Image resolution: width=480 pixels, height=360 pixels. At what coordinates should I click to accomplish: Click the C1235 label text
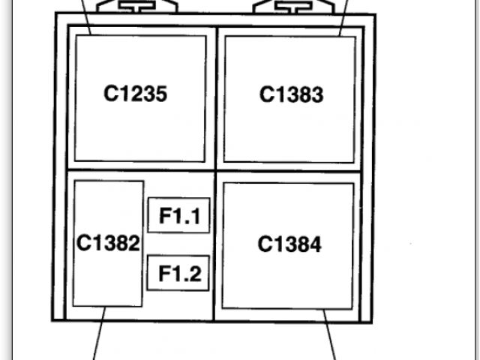point(135,94)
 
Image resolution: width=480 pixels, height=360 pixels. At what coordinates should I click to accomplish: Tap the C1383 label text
point(291,95)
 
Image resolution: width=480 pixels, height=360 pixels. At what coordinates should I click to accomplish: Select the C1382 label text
point(108,243)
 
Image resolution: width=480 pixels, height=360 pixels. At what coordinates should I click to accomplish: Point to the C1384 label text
point(289,244)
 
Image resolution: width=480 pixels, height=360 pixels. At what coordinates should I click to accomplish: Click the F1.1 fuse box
point(178,217)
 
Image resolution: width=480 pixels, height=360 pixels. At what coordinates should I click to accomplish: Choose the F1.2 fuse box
point(178,274)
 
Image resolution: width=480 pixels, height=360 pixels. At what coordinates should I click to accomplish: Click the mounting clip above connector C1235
point(136,7)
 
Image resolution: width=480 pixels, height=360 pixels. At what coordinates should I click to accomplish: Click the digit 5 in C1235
point(160,94)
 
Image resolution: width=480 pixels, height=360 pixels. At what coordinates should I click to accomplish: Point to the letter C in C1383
point(267,95)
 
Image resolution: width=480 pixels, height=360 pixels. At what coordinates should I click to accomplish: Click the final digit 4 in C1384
point(315,244)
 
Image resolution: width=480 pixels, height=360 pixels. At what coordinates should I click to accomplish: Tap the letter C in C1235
point(111,94)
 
